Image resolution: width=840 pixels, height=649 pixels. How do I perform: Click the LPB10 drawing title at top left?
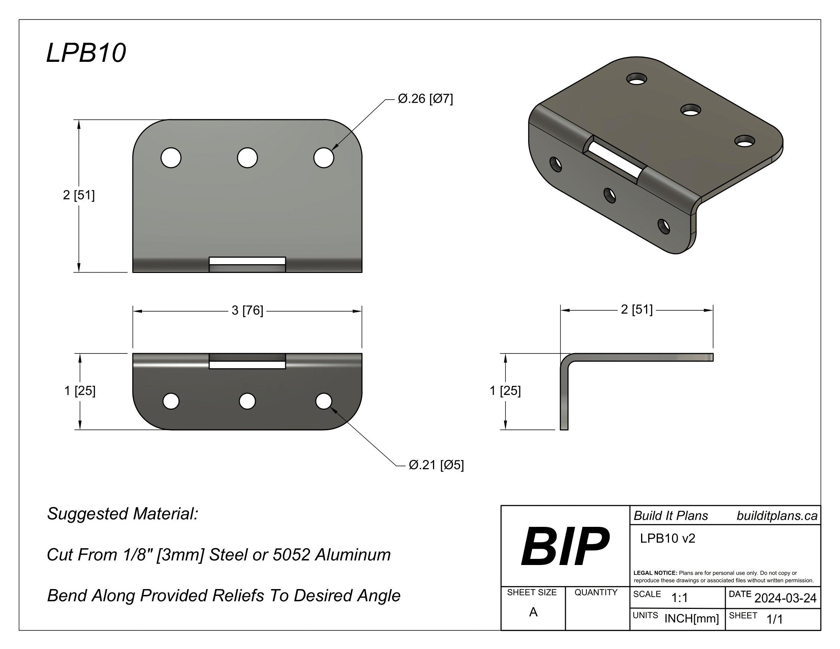click(x=86, y=53)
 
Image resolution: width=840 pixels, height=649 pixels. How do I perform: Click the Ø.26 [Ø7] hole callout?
click(x=425, y=99)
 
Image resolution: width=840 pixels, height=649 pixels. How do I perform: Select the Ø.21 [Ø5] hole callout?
click(x=436, y=465)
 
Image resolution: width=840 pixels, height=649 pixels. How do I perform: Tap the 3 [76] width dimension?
click(x=247, y=310)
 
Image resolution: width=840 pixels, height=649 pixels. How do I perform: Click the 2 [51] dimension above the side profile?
click(x=636, y=310)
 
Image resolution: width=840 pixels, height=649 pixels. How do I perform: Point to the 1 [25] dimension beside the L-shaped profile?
click(x=505, y=391)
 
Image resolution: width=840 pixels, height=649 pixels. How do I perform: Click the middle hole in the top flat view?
click(x=247, y=158)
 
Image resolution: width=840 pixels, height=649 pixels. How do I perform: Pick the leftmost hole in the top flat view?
click(x=171, y=158)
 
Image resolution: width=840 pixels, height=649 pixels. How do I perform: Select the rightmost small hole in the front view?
click(x=324, y=401)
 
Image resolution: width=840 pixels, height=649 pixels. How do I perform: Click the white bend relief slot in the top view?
click(x=247, y=261)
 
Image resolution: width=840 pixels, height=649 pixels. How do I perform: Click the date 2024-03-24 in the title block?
click(x=785, y=598)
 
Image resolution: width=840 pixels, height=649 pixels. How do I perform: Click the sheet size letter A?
click(x=533, y=612)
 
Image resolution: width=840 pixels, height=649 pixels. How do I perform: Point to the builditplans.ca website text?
click(x=777, y=516)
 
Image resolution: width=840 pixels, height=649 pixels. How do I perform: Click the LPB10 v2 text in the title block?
click(x=667, y=539)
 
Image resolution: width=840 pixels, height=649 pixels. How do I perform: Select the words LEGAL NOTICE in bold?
click(x=655, y=573)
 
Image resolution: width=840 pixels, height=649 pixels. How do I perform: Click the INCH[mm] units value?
click(x=691, y=618)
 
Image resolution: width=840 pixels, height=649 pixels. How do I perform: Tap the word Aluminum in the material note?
click(x=353, y=555)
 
